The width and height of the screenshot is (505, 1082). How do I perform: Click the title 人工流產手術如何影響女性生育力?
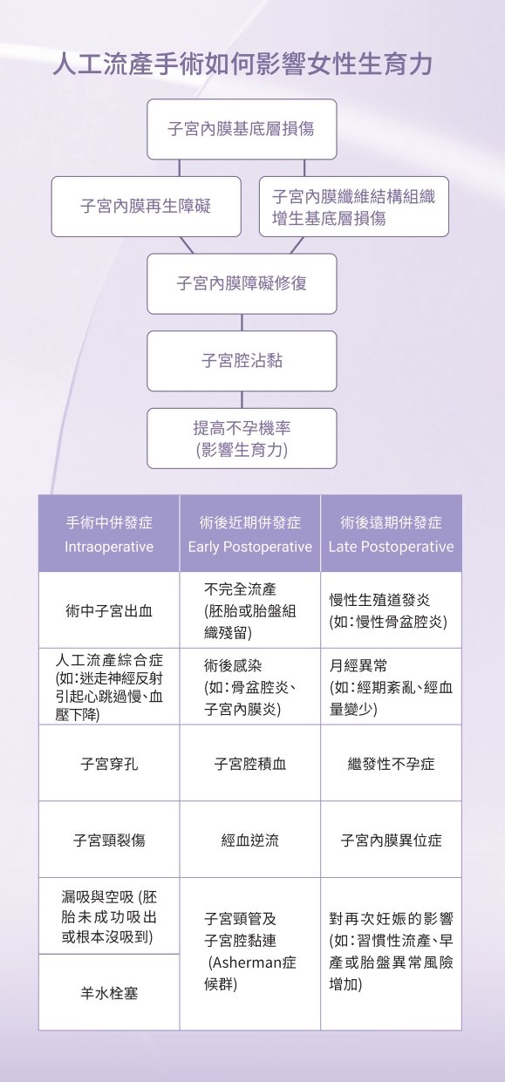[x=242, y=65]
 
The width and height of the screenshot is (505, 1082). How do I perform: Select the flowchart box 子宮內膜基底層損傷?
[x=242, y=129]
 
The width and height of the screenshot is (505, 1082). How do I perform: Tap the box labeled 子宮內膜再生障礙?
[x=146, y=207]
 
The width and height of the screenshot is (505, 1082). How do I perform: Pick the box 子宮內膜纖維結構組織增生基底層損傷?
[x=354, y=207]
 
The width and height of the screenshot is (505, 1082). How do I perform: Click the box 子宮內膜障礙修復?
[x=242, y=283]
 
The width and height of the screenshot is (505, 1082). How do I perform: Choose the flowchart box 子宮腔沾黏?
[x=242, y=361]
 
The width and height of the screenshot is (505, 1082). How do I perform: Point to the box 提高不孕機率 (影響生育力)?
[x=242, y=438]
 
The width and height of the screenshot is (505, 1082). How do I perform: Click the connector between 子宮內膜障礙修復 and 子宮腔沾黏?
[x=242, y=323]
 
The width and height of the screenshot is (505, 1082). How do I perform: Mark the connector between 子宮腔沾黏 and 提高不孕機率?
[x=242, y=399]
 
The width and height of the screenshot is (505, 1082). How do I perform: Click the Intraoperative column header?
[x=109, y=534]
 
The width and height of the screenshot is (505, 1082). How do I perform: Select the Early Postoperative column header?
[x=249, y=534]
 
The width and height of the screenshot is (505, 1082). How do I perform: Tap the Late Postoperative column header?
[x=391, y=534]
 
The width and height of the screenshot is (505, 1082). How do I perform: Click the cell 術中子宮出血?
[x=109, y=610]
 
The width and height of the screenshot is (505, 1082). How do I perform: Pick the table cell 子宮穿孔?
[x=109, y=763]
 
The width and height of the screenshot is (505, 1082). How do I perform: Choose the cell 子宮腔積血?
[x=249, y=763]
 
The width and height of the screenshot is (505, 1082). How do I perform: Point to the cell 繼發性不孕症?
[x=391, y=763]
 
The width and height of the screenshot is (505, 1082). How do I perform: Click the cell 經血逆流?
[x=249, y=840]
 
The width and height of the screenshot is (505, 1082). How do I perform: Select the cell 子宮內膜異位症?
[x=391, y=840]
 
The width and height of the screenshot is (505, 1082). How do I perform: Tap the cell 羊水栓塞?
[x=109, y=992]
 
